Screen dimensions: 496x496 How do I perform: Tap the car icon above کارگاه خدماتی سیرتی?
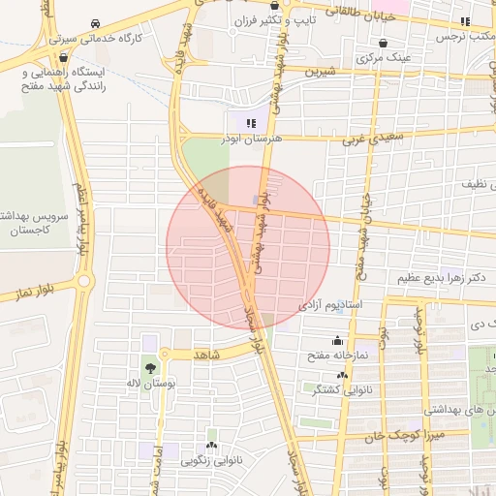(x=94, y=23)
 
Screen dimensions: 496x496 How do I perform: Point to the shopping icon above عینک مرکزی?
(x=386, y=44)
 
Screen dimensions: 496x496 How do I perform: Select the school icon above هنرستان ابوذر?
(x=252, y=123)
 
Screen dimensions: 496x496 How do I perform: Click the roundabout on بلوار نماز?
(x=83, y=281)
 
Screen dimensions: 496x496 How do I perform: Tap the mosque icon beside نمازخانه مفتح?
(x=337, y=340)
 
